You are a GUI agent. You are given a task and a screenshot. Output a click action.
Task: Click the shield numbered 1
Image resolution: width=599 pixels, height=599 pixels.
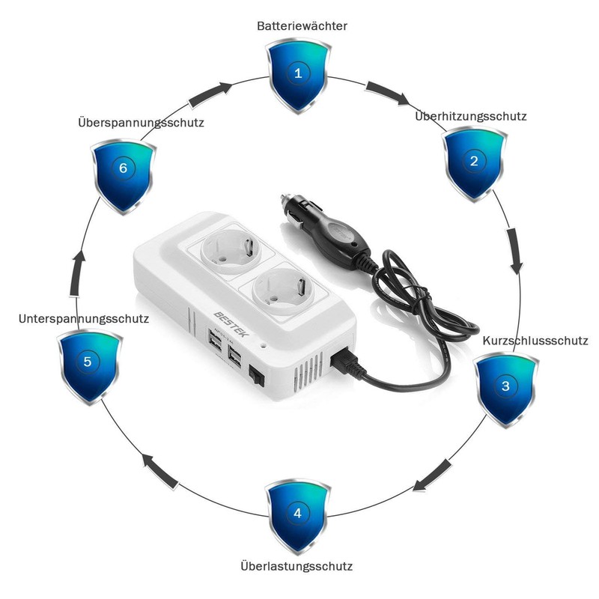coord(298,74)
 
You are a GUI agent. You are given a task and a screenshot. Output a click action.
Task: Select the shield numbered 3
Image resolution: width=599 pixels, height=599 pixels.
coord(505,386)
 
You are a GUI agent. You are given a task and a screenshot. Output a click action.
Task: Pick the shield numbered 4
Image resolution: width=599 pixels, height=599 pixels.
coord(297,514)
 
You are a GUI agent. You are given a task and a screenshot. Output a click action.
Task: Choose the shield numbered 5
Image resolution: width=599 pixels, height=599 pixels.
coord(88,363)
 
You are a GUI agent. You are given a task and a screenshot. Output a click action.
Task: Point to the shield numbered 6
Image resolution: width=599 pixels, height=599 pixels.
coord(123,168)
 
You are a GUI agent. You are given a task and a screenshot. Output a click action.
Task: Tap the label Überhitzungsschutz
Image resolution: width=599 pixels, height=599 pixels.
coord(471,116)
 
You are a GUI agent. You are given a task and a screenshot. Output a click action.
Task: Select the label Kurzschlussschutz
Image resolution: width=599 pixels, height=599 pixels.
coord(535,341)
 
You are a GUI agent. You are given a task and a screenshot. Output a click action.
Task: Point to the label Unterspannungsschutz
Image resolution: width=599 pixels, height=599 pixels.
coord(83,318)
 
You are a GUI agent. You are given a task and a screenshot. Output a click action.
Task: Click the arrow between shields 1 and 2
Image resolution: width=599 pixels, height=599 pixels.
coord(387,93)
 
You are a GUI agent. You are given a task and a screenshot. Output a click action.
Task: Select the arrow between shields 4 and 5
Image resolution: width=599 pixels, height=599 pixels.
coord(162,469)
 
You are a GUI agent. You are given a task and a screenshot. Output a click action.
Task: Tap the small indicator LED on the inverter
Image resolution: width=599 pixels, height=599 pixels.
coord(263,347)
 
